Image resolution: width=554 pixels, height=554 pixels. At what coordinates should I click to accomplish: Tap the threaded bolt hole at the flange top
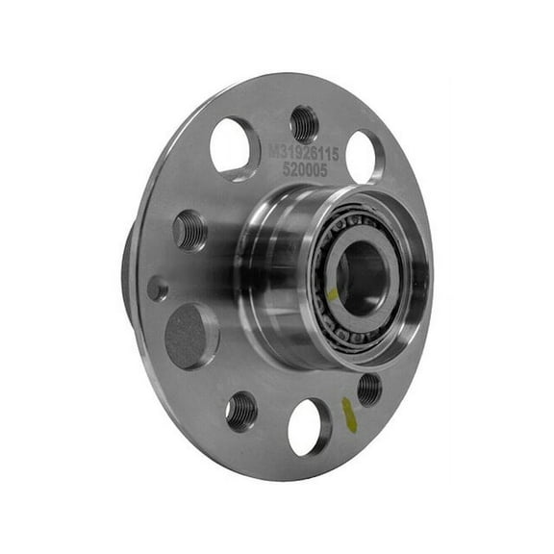click(x=304, y=123)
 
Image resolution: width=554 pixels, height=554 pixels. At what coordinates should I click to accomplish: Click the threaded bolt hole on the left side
click(x=190, y=230)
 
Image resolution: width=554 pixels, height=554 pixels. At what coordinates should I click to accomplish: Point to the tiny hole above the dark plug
click(x=158, y=289)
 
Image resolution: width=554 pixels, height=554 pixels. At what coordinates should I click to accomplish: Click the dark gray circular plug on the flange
click(x=190, y=336)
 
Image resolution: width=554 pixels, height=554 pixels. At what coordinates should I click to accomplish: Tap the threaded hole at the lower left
click(x=241, y=411)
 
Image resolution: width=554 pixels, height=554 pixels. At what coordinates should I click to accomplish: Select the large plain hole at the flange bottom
click(x=309, y=427)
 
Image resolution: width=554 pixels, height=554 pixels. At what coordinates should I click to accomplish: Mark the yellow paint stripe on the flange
click(x=348, y=414)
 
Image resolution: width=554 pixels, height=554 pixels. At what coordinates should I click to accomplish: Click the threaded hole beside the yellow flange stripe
click(x=368, y=389)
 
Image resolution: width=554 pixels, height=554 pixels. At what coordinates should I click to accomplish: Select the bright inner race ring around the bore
click(x=383, y=260)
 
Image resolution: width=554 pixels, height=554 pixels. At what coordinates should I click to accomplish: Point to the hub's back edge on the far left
click(x=127, y=279)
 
